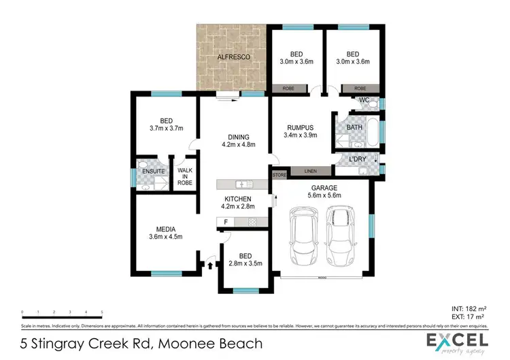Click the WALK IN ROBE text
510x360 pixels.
pyautogui.click(x=185, y=175)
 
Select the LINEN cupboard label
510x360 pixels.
pyautogui.click(x=310, y=170)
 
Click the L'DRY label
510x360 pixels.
pyautogui.click(x=357, y=159)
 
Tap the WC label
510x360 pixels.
pyautogui.click(x=364, y=100)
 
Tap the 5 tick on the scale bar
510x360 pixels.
pyautogui.click(x=102, y=312)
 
